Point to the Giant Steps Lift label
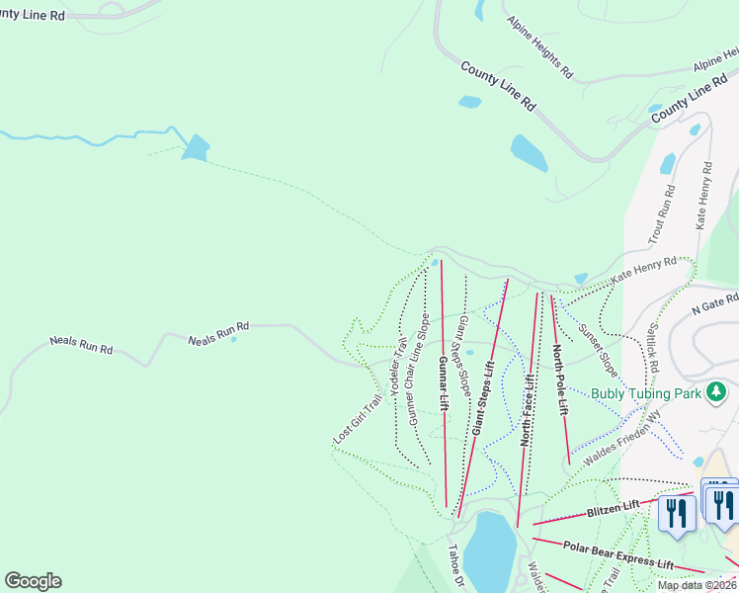pos(482,397)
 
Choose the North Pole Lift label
pos(559,379)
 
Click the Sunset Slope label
pos(599,350)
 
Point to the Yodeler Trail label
pos(398,367)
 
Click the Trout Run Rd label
pos(661,219)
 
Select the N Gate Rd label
pos(714,301)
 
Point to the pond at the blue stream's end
pos(196,147)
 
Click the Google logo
pos(33,581)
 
